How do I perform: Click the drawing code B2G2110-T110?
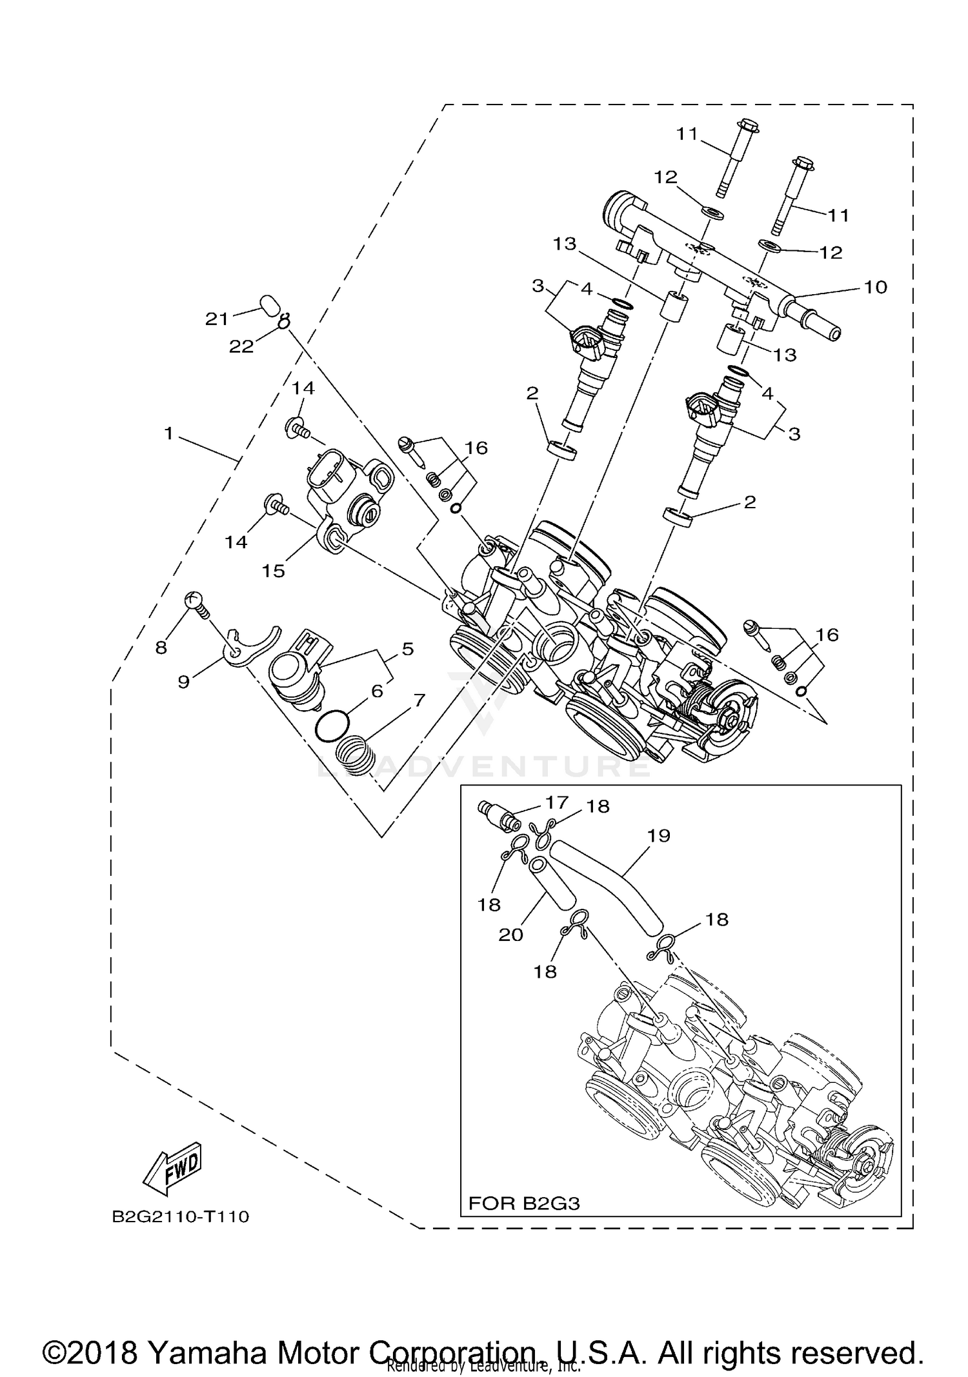[x=180, y=1217]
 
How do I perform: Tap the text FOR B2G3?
[x=524, y=1203]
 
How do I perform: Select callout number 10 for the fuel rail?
[x=875, y=287]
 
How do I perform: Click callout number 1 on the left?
[x=168, y=434]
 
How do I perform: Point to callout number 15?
[x=273, y=570]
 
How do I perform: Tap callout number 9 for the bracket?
[x=183, y=681]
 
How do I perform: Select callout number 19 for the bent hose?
[x=658, y=835]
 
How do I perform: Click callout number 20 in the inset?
[x=510, y=934]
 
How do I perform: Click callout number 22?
[x=241, y=346]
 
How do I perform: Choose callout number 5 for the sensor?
[x=407, y=649]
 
